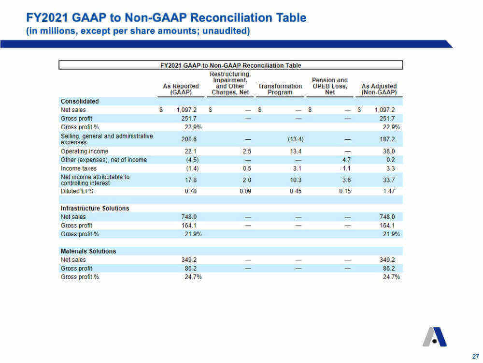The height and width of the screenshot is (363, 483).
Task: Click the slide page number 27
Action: pyautogui.click(x=475, y=356)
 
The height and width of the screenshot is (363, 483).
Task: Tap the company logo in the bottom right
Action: pyautogui.click(x=435, y=337)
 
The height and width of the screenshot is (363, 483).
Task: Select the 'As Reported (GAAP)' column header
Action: pyautogui.click(x=181, y=89)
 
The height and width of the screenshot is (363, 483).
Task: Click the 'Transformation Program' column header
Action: pyautogui.click(x=280, y=89)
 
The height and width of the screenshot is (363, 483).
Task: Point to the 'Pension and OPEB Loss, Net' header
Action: pyautogui.click(x=329, y=86)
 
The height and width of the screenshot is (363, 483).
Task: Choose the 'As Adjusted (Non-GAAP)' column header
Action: pyautogui.click(x=379, y=89)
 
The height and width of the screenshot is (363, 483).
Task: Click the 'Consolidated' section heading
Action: pyautogui.click(x=80, y=101)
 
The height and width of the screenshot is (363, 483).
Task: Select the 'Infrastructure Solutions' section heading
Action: pyautogui.click(x=95, y=208)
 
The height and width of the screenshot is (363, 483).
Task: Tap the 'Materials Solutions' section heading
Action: pyautogui.click(x=88, y=251)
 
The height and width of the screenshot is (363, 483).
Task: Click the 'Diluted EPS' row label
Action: pyautogui.click(x=77, y=191)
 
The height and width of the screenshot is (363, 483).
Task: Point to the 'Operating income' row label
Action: pyautogui.click(x=85, y=151)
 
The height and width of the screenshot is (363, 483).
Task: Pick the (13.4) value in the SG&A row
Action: pyautogui.click(x=296, y=139)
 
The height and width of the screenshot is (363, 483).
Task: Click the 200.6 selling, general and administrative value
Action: pyautogui.click(x=189, y=139)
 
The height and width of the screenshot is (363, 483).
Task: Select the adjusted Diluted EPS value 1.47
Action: pyautogui.click(x=389, y=191)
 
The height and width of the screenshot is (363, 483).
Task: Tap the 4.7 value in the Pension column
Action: pyautogui.click(x=346, y=160)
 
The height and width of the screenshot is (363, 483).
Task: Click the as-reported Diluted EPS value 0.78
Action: pyautogui.click(x=191, y=191)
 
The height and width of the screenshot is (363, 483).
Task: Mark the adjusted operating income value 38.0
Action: pyautogui.click(x=389, y=151)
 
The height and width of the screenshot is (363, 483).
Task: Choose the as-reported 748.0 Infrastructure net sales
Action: pyautogui.click(x=189, y=217)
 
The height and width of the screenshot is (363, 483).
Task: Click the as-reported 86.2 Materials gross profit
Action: pyautogui.click(x=191, y=268)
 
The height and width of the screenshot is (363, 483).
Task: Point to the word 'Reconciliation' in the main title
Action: pyautogui.click(x=215, y=17)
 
